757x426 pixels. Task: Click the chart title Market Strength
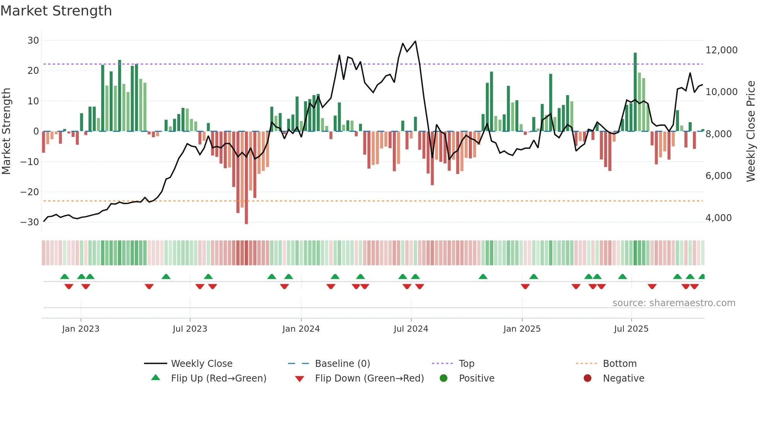click(x=56, y=11)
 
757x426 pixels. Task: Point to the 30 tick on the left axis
click(x=33, y=41)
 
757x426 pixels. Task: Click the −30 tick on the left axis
click(x=30, y=222)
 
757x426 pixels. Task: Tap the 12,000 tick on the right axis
click(x=721, y=50)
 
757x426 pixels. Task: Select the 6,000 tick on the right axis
click(x=718, y=176)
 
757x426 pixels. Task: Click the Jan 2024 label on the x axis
click(x=301, y=329)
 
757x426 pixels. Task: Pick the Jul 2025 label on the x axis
click(x=631, y=329)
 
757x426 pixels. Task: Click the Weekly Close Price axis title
click(x=750, y=131)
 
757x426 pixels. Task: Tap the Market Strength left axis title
click(x=6, y=131)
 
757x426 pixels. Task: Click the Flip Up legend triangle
click(x=156, y=378)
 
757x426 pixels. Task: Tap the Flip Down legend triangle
click(x=299, y=379)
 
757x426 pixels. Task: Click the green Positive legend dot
click(x=443, y=378)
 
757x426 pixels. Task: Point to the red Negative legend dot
click(x=587, y=378)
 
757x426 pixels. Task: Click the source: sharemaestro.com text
click(x=674, y=303)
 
